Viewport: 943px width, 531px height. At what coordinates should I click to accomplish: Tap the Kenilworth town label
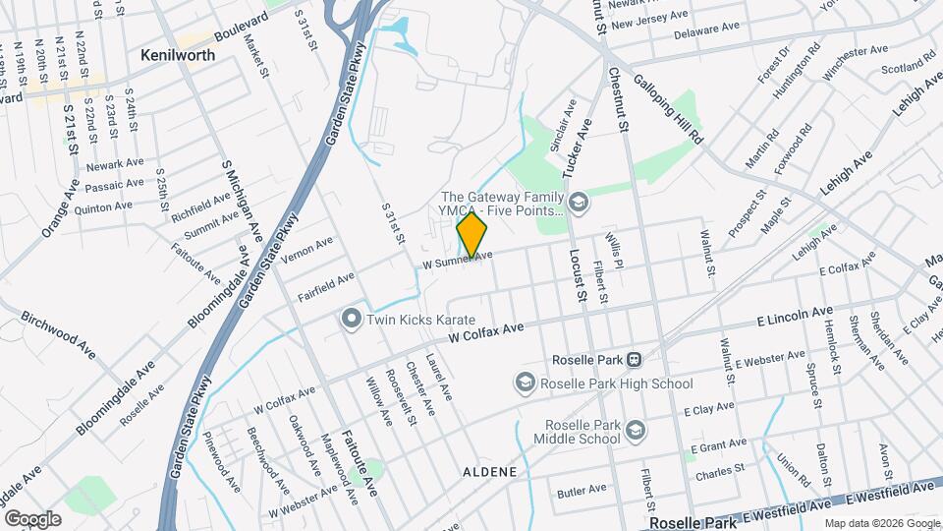click(x=178, y=55)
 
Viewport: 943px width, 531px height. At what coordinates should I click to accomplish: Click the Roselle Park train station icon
click(x=636, y=360)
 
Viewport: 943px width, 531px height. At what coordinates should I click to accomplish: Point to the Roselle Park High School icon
click(x=526, y=383)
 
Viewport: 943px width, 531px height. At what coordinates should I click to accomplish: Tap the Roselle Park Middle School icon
click(x=636, y=431)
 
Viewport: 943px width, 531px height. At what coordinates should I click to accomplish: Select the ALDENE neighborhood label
click(x=489, y=472)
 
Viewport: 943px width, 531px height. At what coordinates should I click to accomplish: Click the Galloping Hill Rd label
click(x=670, y=109)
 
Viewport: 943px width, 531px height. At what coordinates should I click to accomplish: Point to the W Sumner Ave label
click(x=458, y=260)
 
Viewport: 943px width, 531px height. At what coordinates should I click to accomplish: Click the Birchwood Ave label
click(x=59, y=335)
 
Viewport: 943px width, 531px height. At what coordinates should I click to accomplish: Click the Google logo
click(x=31, y=518)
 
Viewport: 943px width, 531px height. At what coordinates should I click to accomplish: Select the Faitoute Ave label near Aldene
click(x=359, y=462)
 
